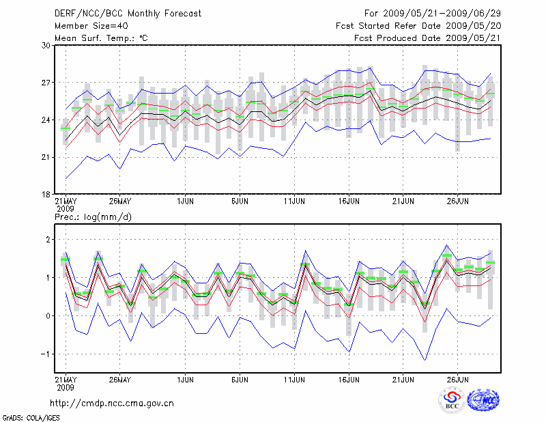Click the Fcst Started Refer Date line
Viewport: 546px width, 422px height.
(x=418, y=25)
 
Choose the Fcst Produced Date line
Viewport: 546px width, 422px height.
(x=427, y=38)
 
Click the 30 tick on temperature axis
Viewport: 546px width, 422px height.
(x=46, y=45)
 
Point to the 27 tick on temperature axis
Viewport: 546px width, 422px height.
(x=46, y=83)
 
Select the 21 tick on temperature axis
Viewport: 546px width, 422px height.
(x=46, y=157)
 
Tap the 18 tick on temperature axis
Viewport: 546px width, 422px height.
(x=46, y=195)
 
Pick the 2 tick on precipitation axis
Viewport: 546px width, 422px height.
(x=48, y=240)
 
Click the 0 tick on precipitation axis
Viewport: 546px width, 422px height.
(x=48, y=315)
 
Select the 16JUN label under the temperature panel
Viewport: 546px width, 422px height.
(x=349, y=202)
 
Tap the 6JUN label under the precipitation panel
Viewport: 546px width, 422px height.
(x=239, y=380)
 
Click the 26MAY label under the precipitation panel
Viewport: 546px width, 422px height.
(x=119, y=380)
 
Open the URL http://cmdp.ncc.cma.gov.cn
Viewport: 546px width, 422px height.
(x=113, y=403)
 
